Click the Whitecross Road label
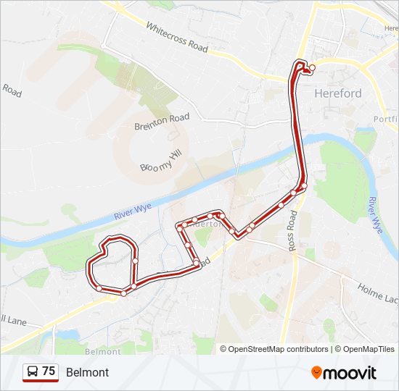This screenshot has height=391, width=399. pyautogui.click(x=177, y=36)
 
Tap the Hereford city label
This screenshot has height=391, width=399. pyautogui.click(x=337, y=93)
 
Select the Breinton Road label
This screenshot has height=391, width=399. pyautogui.click(x=162, y=122)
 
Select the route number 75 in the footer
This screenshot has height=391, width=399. pyautogui.click(x=49, y=371)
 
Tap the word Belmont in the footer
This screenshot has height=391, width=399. pyautogui.click(x=87, y=372)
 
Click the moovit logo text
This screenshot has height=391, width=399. pyautogui.click(x=350, y=373)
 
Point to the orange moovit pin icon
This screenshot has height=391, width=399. pyautogui.click(x=316, y=372)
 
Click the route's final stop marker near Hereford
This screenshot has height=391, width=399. pyautogui.click(x=312, y=68)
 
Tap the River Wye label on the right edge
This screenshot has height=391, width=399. pyautogui.click(x=374, y=214)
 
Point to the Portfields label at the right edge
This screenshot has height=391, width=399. pyautogui.click(x=386, y=119)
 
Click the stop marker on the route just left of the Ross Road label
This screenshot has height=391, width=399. pyautogui.click(x=281, y=205)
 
